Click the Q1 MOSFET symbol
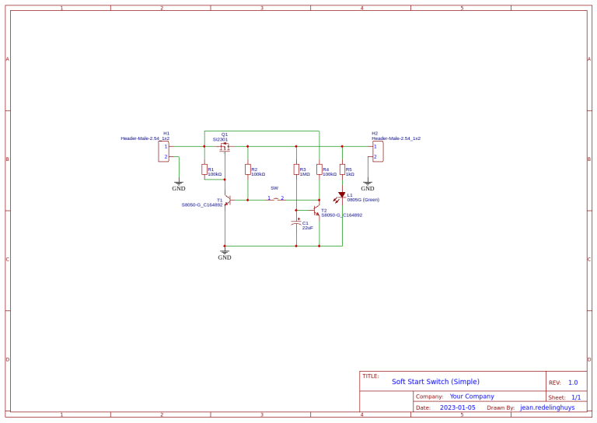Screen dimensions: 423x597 coord(225,146)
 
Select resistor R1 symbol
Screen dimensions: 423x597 coord(204,170)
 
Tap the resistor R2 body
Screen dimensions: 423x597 coord(248,170)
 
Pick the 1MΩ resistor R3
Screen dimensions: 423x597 coord(296,170)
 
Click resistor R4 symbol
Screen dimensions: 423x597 coord(319,170)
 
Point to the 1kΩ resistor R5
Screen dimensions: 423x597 coord(342,170)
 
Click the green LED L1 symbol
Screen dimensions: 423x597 coord(341,196)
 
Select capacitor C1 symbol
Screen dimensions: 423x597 coord(296,223)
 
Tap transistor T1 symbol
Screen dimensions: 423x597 coord(227,200)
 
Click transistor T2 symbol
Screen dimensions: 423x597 coord(317,210)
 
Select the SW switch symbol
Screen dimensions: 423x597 coord(276,198)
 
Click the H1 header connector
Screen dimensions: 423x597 coord(164,151)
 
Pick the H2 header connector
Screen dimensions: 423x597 coord(378,151)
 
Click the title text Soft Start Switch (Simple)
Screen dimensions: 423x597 coord(435,382)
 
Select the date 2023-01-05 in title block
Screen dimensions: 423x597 coord(457,407)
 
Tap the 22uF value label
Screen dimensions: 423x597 coord(308,229)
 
